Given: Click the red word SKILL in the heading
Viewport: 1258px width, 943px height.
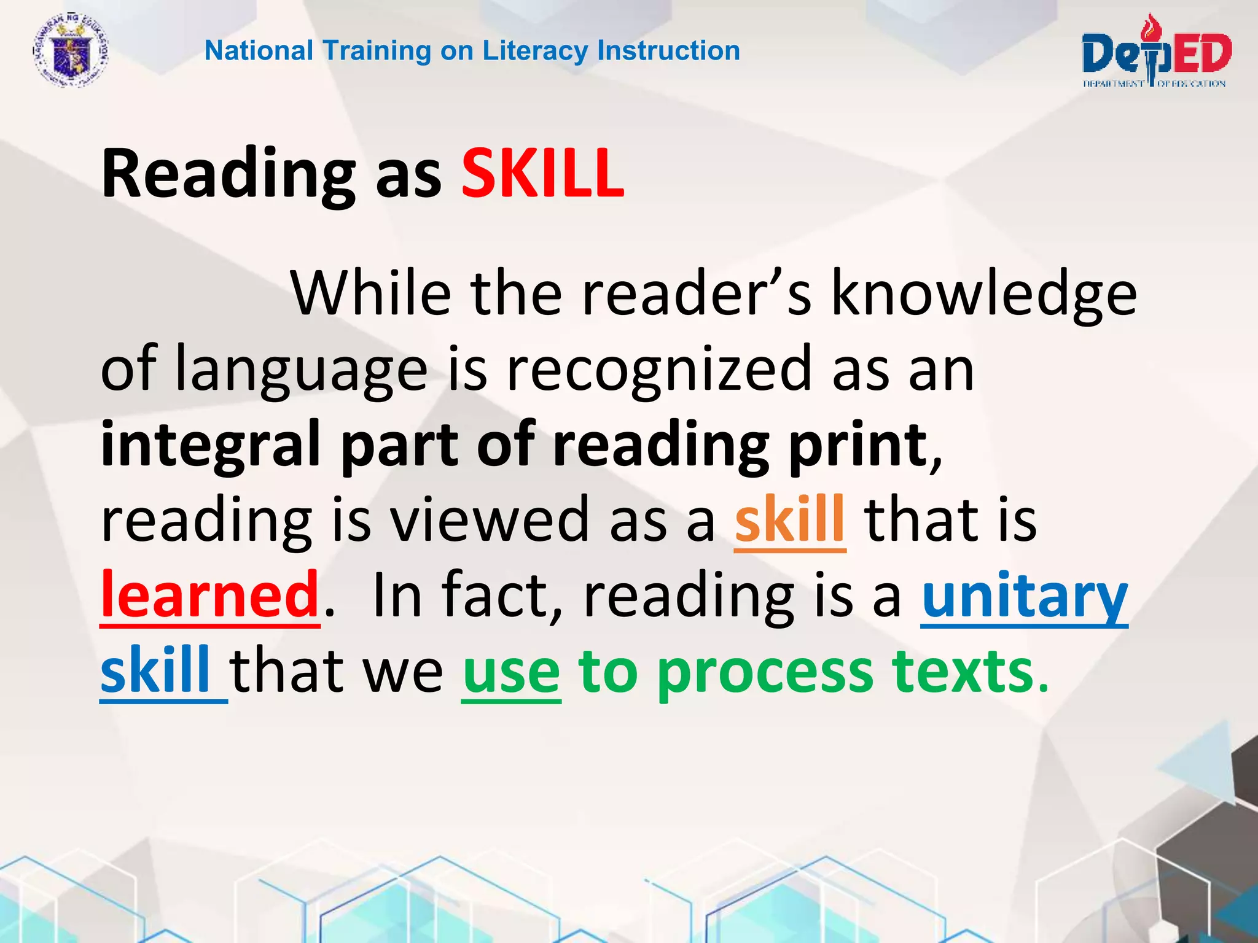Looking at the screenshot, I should click(542, 174).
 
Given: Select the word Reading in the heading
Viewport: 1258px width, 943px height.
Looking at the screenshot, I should click(228, 174).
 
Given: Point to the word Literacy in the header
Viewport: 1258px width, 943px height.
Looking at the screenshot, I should click(535, 51).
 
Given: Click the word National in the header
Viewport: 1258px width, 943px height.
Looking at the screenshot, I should click(259, 51).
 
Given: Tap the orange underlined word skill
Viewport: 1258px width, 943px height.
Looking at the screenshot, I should click(789, 519).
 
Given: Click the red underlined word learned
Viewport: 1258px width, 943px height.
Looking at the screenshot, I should click(210, 594).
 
